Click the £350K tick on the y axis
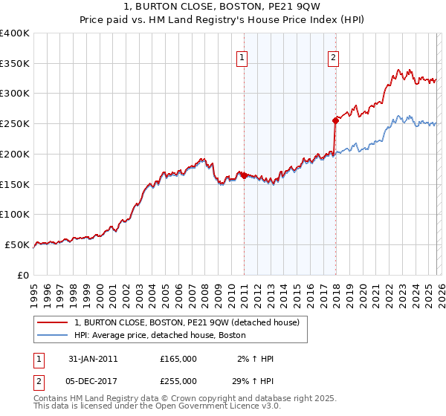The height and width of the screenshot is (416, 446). point(15,64)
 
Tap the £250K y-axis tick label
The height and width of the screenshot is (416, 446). point(15,124)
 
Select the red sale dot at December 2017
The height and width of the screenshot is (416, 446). point(335,120)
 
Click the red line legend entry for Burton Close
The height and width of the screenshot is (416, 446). point(186,322)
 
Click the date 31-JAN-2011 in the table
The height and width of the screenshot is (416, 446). point(88,359)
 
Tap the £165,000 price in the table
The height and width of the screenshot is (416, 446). point(178,359)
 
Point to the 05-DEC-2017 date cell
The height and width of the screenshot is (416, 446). point(88,380)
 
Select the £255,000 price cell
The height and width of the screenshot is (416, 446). point(178,380)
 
